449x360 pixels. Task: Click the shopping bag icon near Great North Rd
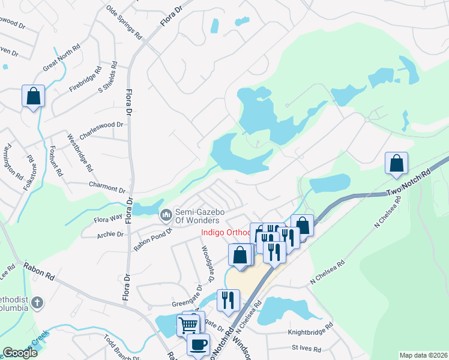pos(33,96)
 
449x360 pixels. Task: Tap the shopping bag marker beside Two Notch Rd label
pos(396,163)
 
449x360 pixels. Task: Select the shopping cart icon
pos(188,325)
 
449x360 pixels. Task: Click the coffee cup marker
pos(198,345)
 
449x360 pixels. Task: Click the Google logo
pos(20,353)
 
